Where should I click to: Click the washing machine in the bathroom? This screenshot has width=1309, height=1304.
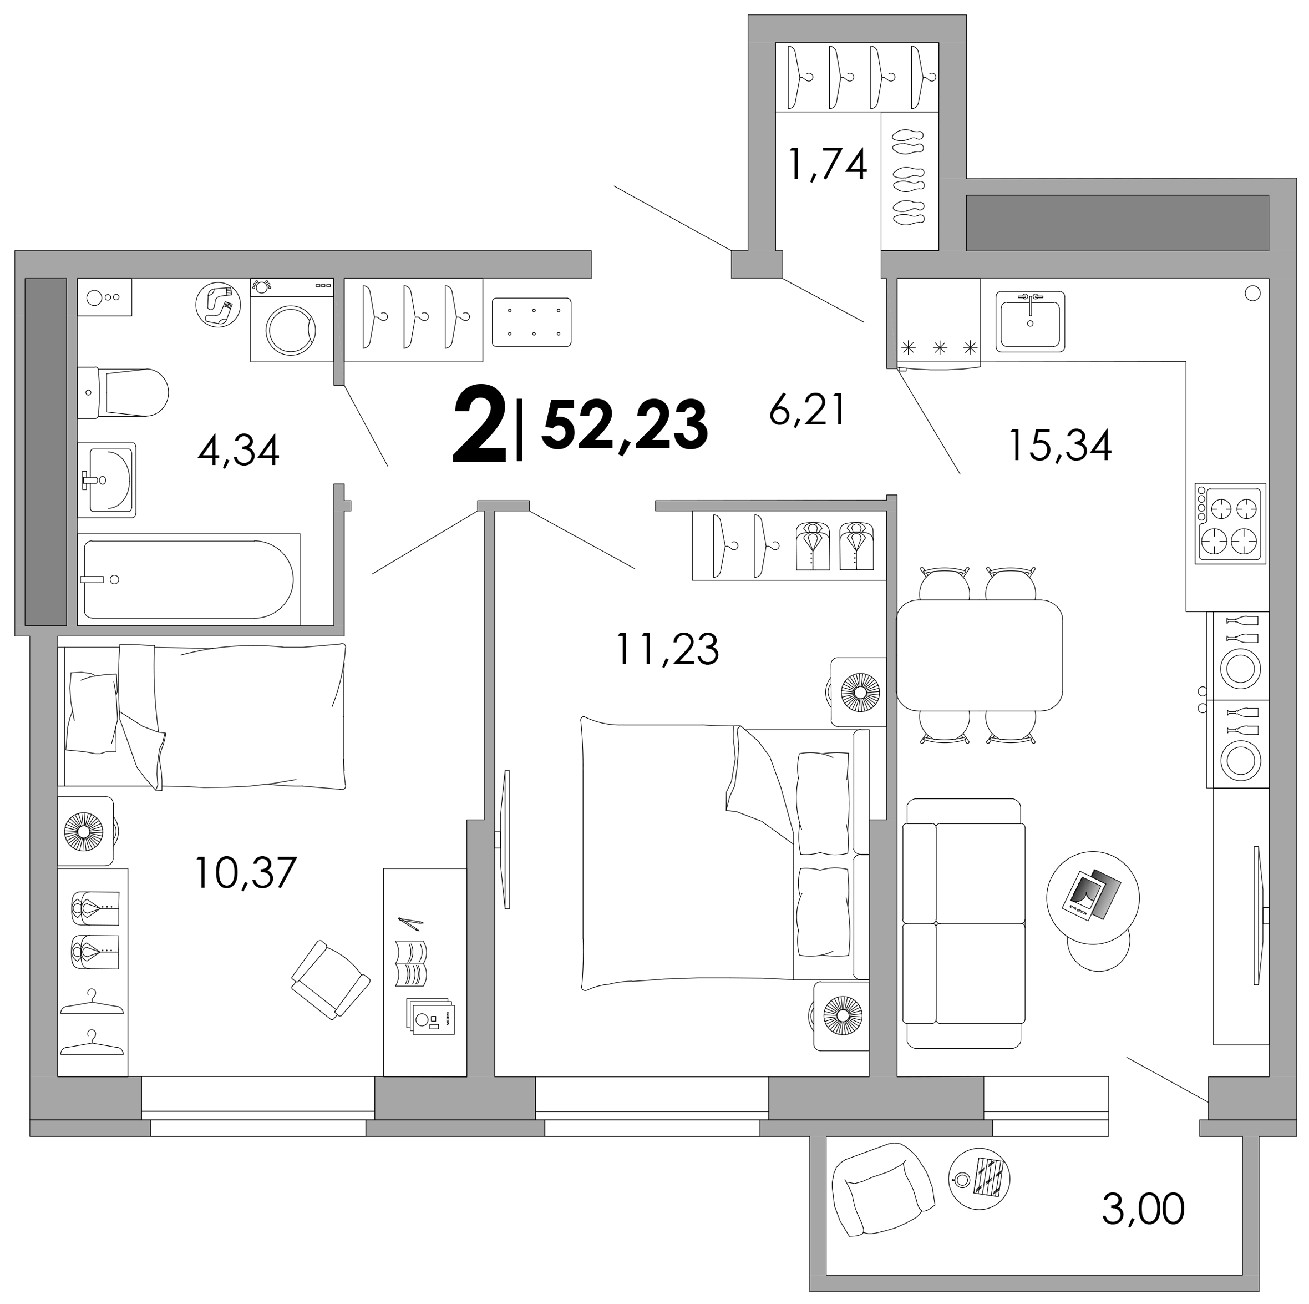pyautogui.click(x=292, y=320)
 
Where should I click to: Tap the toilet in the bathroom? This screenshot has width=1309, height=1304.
pyautogui.click(x=123, y=392)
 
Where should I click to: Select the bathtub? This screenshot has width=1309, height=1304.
pyautogui.click(x=189, y=579)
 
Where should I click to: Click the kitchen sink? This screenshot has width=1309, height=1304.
pyautogui.click(x=1030, y=321)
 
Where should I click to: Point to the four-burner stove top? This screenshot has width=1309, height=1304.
pyautogui.click(x=1230, y=523)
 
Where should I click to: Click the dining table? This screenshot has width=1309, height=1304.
pyautogui.click(x=979, y=655)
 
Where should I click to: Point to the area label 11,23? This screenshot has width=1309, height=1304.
pyautogui.click(x=667, y=649)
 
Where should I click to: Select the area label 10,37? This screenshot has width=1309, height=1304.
pyautogui.click(x=245, y=872)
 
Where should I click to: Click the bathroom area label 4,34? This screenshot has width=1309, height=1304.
pyautogui.click(x=239, y=450)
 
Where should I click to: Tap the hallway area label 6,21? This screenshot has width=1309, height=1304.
pyautogui.click(x=808, y=410)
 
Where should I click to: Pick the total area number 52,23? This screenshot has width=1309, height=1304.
pyautogui.click(x=625, y=426)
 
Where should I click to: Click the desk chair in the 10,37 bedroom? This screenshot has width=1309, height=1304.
pyautogui.click(x=331, y=979)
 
